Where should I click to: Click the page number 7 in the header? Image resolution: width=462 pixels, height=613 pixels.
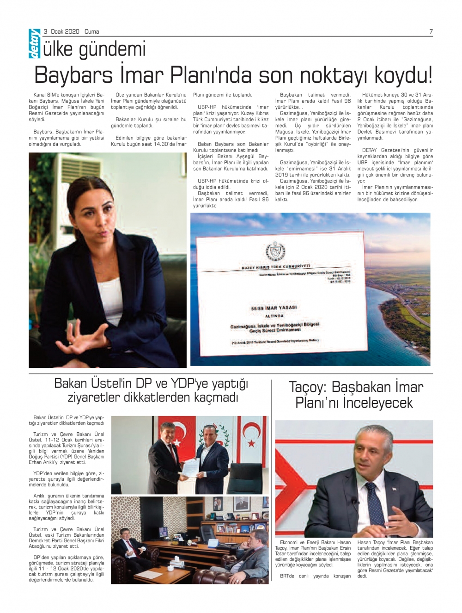pyautogui.click(x=431, y=32)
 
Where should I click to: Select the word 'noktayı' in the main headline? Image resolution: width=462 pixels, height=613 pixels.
pyautogui.click(x=333, y=75)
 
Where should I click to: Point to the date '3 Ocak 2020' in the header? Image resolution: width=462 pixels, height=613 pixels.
pyautogui.click(x=61, y=32)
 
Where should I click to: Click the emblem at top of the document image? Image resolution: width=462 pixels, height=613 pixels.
pyautogui.click(x=275, y=252)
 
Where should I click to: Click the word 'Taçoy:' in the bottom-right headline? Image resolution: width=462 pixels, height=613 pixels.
pyautogui.click(x=307, y=387)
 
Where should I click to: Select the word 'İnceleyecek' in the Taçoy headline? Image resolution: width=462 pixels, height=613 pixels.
pyautogui.click(x=377, y=403)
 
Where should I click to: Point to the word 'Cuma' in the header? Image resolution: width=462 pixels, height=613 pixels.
pyautogui.click(x=91, y=32)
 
